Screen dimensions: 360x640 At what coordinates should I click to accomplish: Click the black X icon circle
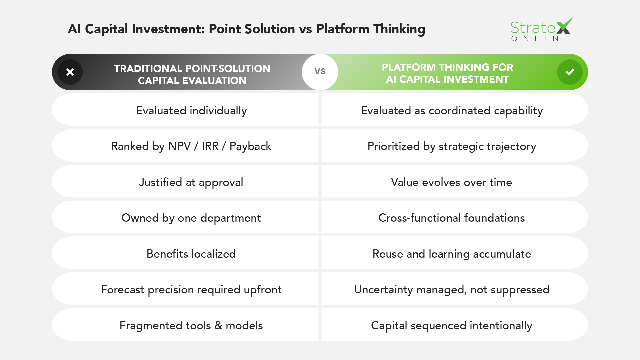point(70,72)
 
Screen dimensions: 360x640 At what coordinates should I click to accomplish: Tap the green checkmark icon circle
point(570,72)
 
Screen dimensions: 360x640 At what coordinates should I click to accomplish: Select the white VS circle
point(320,72)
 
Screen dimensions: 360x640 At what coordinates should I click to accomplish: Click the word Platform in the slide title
point(343,29)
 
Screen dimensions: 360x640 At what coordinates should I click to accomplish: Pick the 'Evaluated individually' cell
point(191,111)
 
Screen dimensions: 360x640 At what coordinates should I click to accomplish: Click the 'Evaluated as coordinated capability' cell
point(452,111)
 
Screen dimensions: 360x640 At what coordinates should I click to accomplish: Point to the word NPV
point(179,146)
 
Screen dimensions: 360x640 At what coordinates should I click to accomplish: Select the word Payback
point(250,146)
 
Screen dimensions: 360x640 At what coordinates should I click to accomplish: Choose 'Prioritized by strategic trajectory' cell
point(452,146)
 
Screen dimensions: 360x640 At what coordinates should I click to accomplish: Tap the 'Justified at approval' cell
point(191,182)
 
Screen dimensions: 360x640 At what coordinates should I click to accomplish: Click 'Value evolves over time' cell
point(452,182)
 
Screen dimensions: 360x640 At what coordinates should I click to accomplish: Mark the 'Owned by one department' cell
point(191,218)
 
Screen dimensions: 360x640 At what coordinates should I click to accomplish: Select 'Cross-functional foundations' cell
point(452,218)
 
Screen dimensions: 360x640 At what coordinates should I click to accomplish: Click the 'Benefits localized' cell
point(191,254)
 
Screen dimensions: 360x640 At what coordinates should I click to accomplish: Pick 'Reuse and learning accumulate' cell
point(452,254)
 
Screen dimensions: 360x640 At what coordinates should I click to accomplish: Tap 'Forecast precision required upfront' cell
point(191,290)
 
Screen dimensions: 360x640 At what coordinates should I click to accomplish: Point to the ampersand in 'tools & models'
point(218,325)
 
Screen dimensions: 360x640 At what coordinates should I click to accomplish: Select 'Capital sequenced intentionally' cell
point(452,325)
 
